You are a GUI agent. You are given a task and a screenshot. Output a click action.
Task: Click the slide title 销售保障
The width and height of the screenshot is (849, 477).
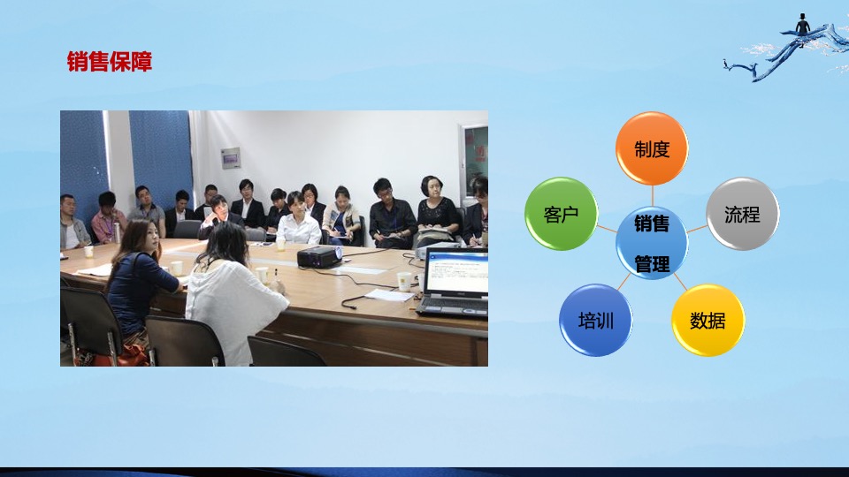click(110, 62)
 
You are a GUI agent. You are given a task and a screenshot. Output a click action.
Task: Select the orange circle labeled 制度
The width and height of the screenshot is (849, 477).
click(652, 148)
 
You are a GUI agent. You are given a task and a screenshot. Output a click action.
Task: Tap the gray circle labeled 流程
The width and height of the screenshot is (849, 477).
click(742, 214)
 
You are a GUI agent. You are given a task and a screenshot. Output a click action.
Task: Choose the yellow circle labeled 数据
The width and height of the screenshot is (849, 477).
click(707, 320)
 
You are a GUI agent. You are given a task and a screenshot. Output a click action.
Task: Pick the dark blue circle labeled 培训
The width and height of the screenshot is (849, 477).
click(596, 320)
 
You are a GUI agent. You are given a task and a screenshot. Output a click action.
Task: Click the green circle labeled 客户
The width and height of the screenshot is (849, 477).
click(562, 214)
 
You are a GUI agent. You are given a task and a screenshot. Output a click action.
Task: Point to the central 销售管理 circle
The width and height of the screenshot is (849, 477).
click(652, 243)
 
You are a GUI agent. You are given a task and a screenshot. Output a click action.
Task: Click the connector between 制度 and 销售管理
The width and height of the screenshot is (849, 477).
click(652, 195)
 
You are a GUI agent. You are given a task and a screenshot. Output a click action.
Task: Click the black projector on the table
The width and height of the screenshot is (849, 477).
click(318, 257)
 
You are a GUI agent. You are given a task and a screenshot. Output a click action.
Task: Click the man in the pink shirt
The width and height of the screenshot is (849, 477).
click(108, 219)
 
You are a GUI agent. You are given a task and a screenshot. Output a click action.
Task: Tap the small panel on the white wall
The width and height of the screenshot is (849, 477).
click(231, 158)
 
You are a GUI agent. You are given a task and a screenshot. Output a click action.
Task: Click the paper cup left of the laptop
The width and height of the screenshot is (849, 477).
click(405, 281)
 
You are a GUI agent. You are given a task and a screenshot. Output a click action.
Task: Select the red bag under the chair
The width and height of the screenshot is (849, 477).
click(128, 355)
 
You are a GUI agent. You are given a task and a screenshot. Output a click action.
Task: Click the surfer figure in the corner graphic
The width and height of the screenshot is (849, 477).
click(802, 24)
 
